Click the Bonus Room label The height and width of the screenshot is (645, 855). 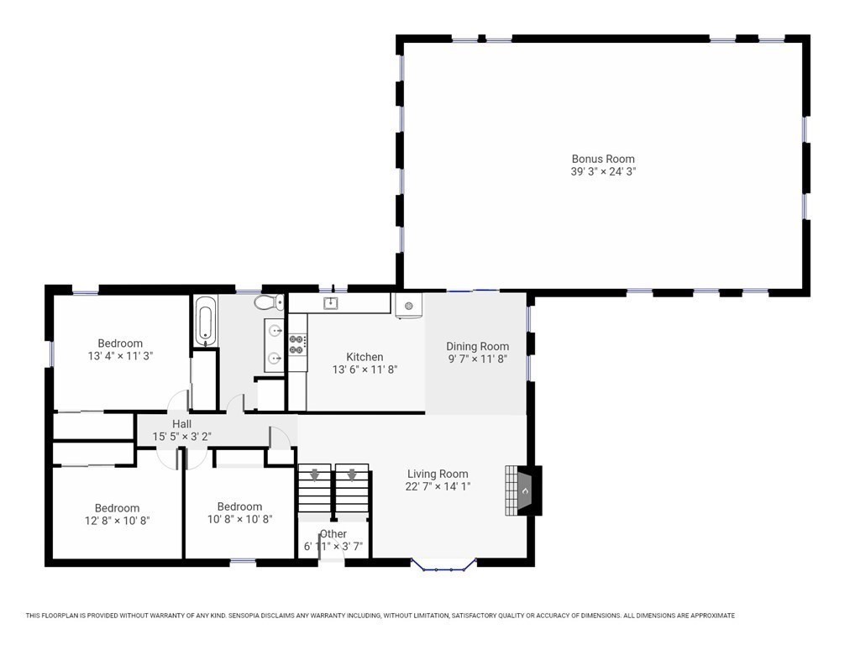click(603, 160)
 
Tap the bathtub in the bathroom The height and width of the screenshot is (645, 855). click(206, 321)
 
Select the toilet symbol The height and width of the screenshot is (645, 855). click(269, 302)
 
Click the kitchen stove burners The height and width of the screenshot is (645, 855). click(297, 343)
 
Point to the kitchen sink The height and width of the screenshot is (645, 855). click(330, 303)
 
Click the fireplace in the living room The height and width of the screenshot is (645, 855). click(523, 490)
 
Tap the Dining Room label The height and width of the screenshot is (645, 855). click(478, 346)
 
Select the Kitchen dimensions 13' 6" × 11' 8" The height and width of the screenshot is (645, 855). click(365, 370)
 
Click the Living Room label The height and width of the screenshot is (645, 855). click(438, 474)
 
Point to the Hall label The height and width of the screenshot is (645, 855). click(181, 423)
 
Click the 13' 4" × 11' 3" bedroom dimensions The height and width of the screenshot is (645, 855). click(120, 356)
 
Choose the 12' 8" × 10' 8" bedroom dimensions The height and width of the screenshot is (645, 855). click(118, 521)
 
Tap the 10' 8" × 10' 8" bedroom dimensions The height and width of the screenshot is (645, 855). click(240, 519)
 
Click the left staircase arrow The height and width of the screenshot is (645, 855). click(315, 475)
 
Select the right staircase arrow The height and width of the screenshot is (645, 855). click(352, 475)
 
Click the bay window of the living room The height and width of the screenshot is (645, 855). click(443, 565)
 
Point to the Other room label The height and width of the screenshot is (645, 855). click(333, 534)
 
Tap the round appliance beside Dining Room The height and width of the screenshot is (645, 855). click(409, 306)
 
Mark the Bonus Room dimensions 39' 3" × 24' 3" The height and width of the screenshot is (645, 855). click(604, 171)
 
